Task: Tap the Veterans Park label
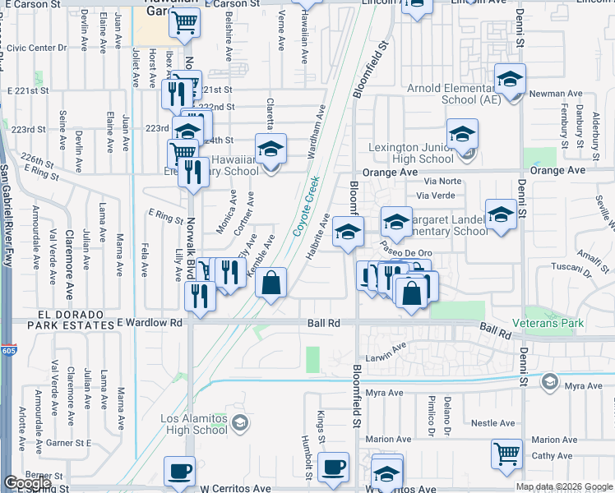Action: (548, 323)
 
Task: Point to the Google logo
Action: (27, 483)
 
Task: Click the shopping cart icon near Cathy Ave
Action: (506, 454)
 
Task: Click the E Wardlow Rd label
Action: (150, 324)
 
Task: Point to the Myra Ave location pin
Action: (549, 382)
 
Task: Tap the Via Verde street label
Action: (436, 196)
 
